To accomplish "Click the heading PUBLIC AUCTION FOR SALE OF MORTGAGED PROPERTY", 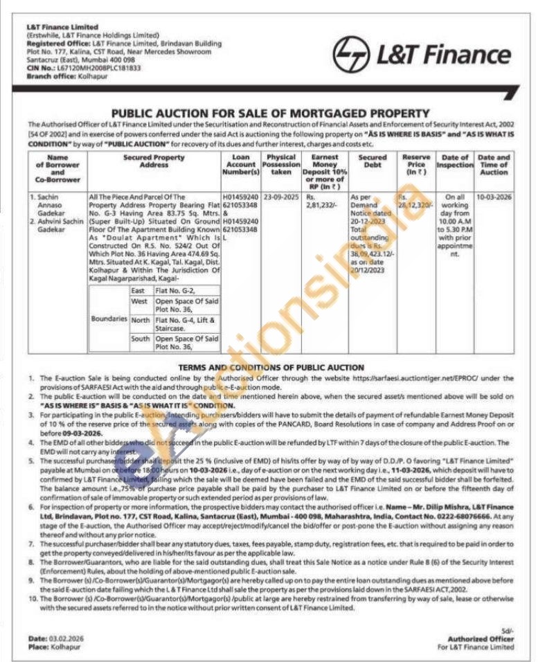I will coord(271,113).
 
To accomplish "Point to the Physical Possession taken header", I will coord(281,165).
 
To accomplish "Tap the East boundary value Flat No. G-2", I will coord(170,291).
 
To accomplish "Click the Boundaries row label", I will coord(109,319).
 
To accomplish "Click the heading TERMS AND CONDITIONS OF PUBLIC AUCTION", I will coord(271,367).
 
